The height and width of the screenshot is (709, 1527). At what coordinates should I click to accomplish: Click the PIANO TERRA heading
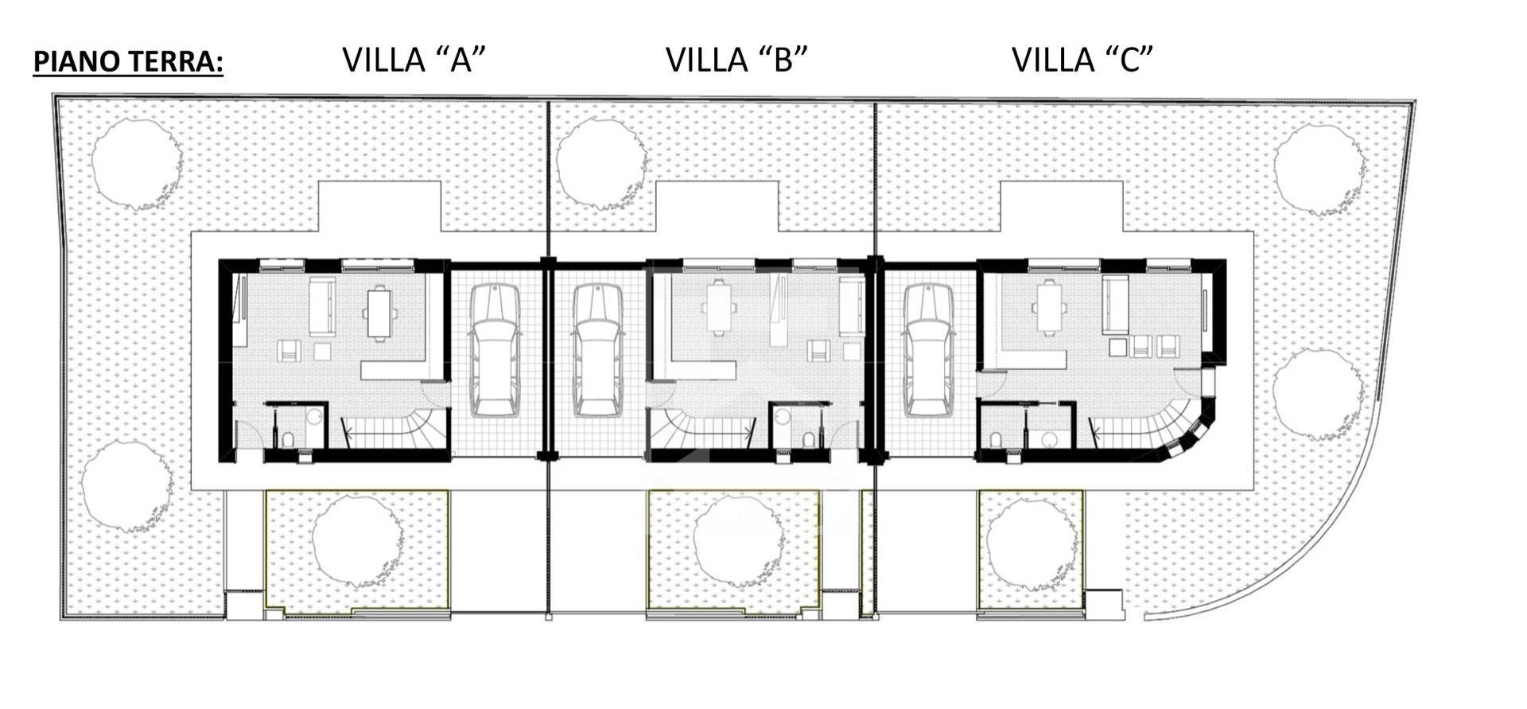(128, 61)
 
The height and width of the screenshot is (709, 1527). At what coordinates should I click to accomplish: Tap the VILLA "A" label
(414, 60)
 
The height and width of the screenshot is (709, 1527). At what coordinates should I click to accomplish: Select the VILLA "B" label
(736, 60)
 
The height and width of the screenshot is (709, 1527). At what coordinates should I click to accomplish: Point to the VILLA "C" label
(1082, 60)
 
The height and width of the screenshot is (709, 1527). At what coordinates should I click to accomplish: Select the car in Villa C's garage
(928, 350)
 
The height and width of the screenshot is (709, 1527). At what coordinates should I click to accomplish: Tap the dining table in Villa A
(378, 312)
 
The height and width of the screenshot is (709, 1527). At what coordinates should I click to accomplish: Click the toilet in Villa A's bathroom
(289, 438)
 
